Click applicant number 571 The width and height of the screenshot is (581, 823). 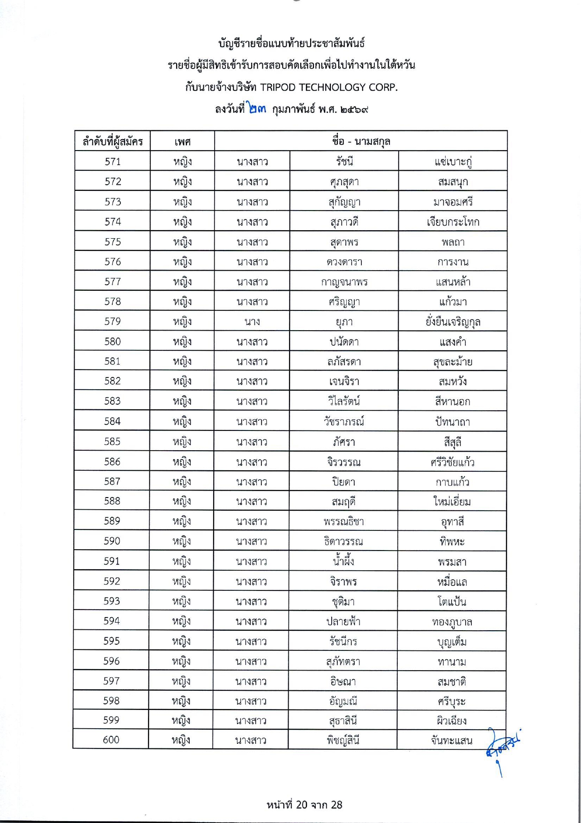112,162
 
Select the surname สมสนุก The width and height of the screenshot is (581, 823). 453,182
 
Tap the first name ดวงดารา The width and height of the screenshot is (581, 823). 344,262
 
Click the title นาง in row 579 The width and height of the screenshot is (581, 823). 252,322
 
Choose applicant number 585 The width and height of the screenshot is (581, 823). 112,442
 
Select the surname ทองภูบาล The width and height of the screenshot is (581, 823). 452,622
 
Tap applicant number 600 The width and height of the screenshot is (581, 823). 111,740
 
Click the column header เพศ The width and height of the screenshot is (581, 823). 182,142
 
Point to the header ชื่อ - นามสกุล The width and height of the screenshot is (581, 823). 361,141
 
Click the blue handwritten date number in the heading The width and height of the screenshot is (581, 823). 257,109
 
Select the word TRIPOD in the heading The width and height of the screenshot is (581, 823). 278,87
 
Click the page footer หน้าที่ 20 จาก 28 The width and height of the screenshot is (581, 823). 304,805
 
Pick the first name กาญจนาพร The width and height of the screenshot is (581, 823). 344,282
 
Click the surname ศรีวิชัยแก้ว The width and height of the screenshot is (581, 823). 452,462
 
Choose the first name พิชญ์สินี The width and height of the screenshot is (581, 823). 343,740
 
